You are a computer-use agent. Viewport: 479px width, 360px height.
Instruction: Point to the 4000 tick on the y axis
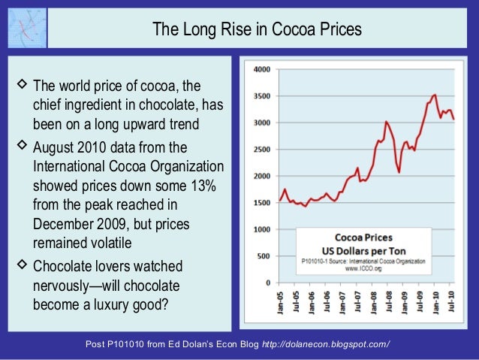262,69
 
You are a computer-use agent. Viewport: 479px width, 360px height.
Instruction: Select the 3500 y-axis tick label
262,96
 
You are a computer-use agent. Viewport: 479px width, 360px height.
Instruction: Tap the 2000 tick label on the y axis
262,176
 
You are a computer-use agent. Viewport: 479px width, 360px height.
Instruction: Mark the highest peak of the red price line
435,95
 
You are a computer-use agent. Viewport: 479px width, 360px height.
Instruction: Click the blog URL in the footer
325,344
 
